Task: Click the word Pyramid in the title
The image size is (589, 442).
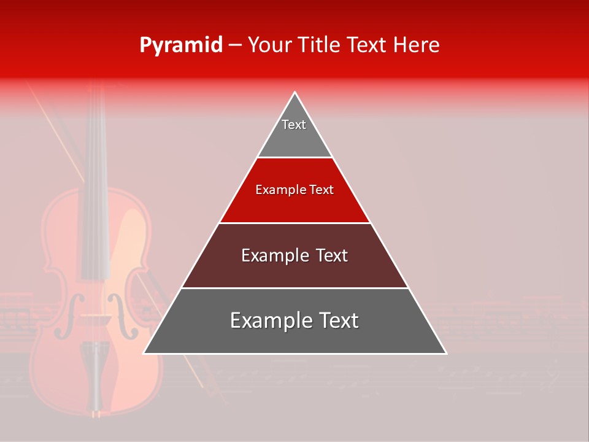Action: (181, 45)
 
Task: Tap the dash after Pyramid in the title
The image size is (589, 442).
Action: (235, 45)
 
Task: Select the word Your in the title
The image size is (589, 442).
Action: (271, 45)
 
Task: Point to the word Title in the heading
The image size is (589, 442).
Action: (321, 45)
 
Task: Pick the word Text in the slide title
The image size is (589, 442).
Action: (368, 45)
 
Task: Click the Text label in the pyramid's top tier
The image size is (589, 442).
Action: (294, 125)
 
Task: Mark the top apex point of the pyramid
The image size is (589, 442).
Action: (295, 93)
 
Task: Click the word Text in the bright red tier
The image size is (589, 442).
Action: (321, 190)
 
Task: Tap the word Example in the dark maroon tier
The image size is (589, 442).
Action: (271, 255)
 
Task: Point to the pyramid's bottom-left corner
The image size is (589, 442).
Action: (144, 354)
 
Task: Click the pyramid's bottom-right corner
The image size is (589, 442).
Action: (447, 354)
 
